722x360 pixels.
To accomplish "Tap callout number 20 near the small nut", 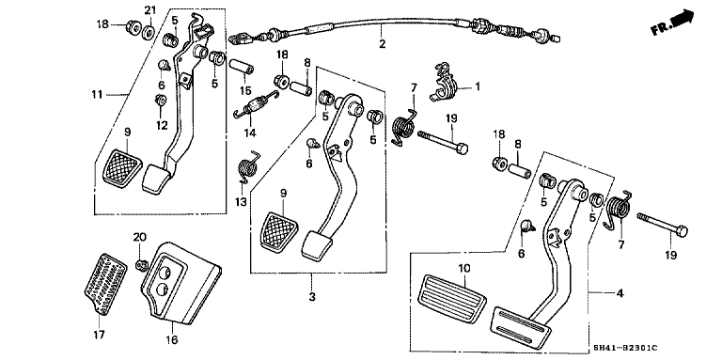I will [139, 236].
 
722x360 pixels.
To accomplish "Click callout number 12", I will [161, 125].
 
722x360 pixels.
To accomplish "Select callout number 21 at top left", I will [149, 9].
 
